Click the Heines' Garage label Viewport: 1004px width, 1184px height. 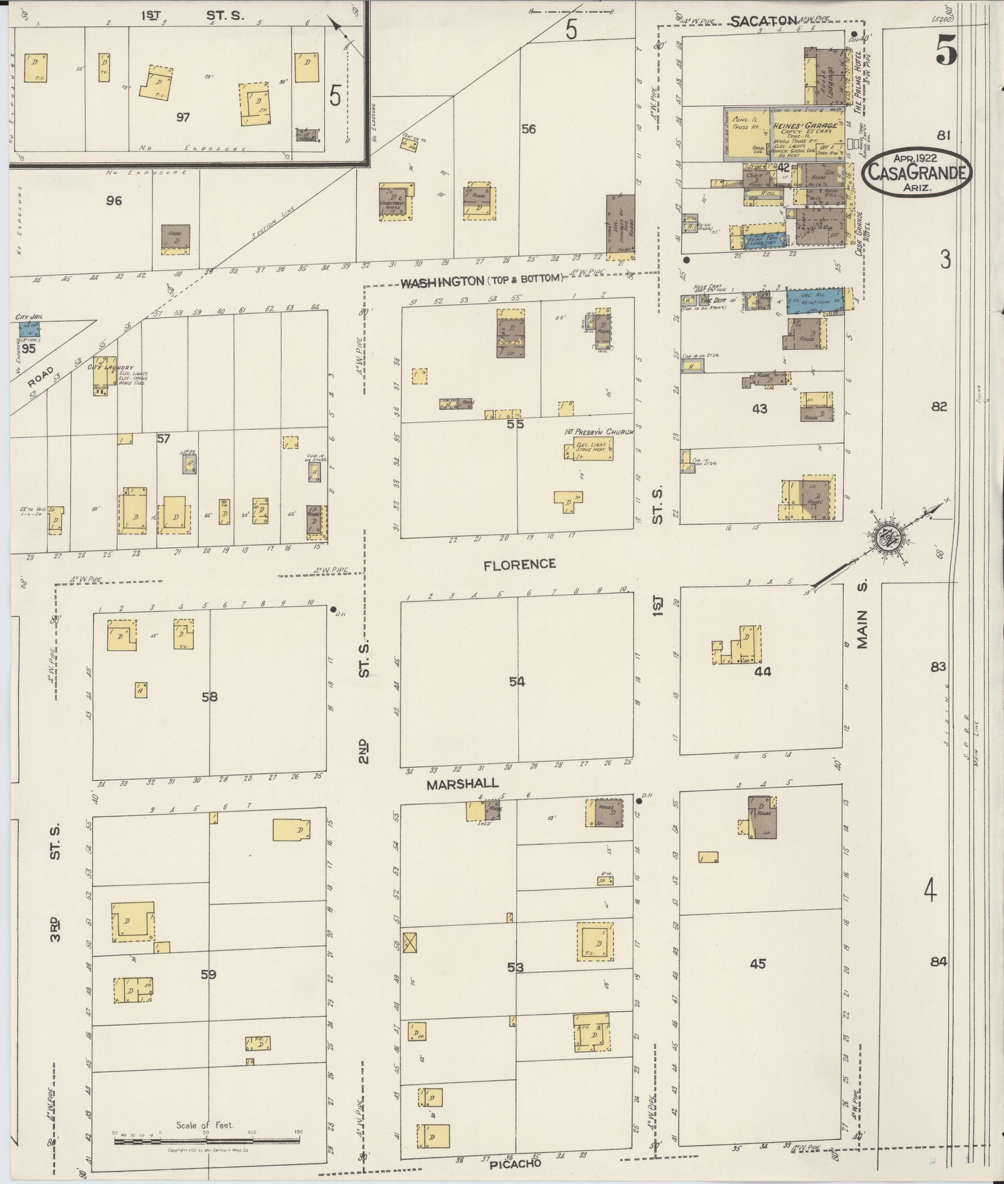click(x=804, y=126)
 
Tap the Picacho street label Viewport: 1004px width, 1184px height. click(x=515, y=1163)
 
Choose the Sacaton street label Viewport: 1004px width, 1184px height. click(x=763, y=21)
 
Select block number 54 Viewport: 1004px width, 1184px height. click(x=517, y=681)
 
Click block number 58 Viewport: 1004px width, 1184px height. click(x=209, y=696)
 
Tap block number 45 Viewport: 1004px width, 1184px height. click(x=757, y=964)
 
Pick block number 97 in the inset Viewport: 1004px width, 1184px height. click(x=183, y=117)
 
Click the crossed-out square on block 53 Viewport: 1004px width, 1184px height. click(x=409, y=943)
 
